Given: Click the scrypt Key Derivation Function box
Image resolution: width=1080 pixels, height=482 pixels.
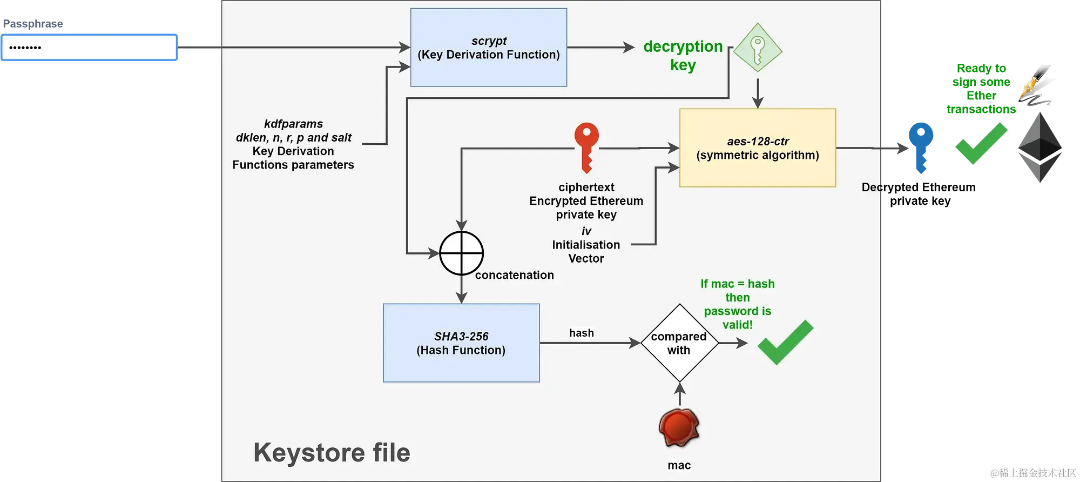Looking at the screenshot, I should tap(488, 48).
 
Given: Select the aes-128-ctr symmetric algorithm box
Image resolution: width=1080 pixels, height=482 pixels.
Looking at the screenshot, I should tap(757, 148).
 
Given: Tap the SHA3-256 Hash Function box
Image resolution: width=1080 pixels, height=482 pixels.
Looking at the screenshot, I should tap(461, 343).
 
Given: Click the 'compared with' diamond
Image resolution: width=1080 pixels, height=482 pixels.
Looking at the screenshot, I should tap(679, 343).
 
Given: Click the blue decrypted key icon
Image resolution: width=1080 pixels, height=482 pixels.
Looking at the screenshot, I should tap(920, 147).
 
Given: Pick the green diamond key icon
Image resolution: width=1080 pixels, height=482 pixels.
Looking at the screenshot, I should tap(758, 48).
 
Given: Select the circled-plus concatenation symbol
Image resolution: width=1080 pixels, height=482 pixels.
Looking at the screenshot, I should tap(461, 253).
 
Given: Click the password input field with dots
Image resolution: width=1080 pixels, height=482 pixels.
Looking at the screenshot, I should tap(90, 48).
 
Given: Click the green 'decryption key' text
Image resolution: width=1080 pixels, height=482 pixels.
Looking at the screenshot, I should tap(683, 55).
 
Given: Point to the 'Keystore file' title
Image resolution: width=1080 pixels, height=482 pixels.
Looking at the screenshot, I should tap(332, 453).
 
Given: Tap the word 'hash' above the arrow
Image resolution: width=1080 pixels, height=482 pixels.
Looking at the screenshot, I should tap(582, 333).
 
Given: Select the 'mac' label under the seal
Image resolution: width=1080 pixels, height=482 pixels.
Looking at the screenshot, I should tap(679, 465).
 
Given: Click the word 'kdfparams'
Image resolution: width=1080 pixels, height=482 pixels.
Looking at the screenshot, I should tap(293, 124).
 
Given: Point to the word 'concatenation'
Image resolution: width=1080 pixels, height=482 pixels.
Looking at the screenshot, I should tap(514, 275).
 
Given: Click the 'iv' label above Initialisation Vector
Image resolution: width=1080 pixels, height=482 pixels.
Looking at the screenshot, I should tap(586, 231).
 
